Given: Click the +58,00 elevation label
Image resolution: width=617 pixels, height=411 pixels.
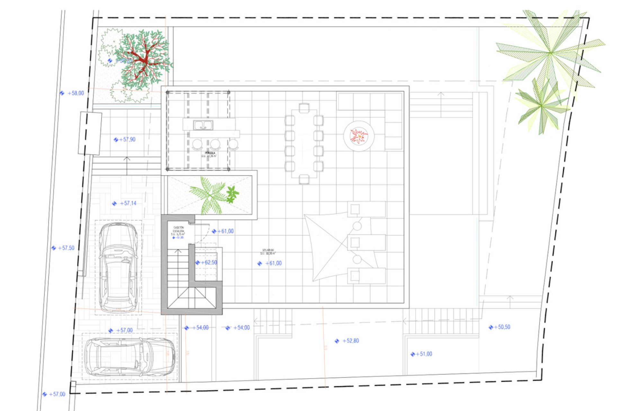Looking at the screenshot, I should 76,93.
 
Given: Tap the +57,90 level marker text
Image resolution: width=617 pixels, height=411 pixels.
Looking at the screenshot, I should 127,139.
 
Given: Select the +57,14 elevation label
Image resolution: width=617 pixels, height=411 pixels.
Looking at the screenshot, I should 128,203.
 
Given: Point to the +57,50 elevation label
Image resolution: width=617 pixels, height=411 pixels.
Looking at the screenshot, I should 66,248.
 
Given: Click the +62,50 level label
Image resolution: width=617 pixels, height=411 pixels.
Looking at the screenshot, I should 209,262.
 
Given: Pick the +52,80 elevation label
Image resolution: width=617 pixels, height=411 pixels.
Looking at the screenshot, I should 351,341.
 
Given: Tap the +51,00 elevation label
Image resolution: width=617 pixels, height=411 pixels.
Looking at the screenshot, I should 424,354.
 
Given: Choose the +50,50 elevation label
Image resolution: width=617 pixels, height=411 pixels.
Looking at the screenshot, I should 502,327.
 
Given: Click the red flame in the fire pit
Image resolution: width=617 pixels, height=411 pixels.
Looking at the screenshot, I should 359,136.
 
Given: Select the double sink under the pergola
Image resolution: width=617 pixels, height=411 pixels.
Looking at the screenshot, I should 203,125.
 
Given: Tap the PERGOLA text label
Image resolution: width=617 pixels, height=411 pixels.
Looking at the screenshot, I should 210,153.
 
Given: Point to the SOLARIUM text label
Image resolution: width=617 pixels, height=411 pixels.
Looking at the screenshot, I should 268,250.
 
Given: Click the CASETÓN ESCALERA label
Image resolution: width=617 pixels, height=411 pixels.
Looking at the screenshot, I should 179,229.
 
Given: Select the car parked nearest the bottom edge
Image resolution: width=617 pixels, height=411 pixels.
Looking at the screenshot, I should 130,357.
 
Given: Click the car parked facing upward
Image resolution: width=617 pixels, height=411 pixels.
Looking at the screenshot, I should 119,267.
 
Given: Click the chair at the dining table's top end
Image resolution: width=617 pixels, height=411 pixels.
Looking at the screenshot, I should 304,108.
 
